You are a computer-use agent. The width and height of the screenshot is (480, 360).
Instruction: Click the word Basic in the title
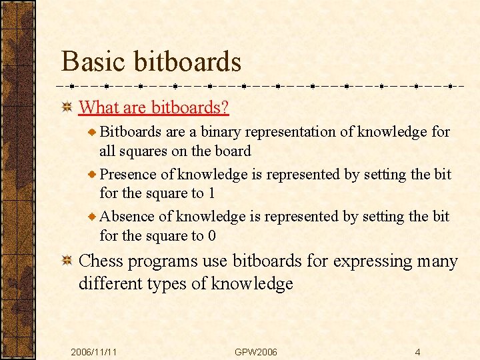[x=93, y=61]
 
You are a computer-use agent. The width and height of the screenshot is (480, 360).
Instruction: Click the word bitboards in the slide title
[x=187, y=61]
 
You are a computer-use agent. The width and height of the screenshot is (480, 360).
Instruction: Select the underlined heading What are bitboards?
[x=154, y=107]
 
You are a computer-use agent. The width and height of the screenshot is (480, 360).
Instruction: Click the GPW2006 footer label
[x=256, y=351]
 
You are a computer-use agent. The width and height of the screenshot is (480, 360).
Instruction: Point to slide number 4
[x=417, y=351]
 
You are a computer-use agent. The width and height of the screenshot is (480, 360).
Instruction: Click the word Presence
[x=129, y=175]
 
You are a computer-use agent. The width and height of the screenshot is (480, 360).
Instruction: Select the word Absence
[x=127, y=217]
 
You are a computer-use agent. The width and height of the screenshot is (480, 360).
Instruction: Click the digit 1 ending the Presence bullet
[x=211, y=193]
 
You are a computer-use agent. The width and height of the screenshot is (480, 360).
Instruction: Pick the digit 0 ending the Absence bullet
[x=212, y=235]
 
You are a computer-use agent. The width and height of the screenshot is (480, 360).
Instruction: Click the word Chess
[x=101, y=261]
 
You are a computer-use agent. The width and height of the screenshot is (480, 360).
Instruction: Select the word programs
[x=160, y=261]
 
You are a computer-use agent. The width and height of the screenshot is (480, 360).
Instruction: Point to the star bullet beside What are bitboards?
[x=67, y=107]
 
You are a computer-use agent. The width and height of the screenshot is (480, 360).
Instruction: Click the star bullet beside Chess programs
[x=67, y=262]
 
